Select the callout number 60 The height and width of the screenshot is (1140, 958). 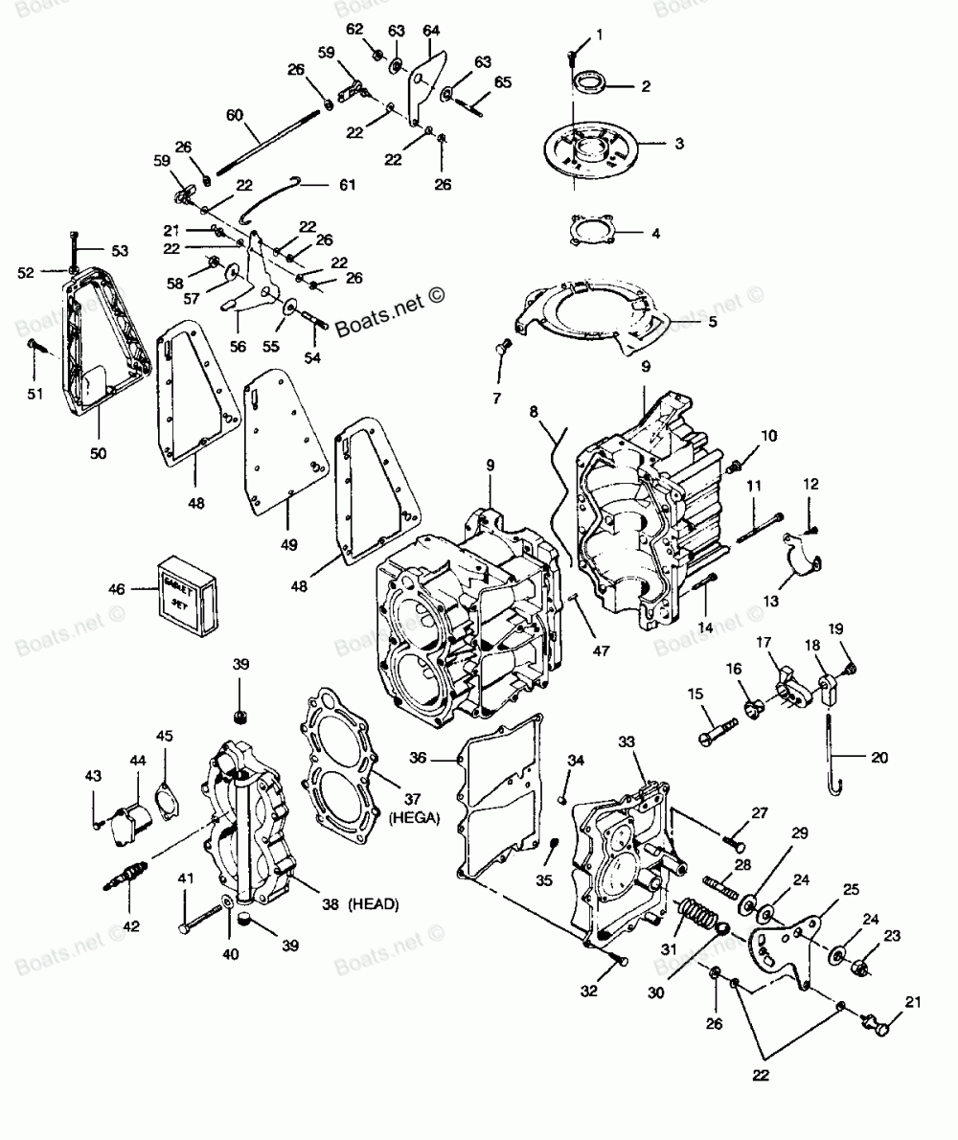tap(235, 115)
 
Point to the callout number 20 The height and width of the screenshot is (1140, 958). tap(879, 757)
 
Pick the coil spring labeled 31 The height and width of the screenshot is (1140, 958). tap(697, 918)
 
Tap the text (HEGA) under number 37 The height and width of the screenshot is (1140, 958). tap(414, 816)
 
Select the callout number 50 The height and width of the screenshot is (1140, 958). tap(99, 452)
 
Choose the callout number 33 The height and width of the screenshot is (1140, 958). tap(653, 741)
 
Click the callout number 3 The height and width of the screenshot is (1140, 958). tap(678, 145)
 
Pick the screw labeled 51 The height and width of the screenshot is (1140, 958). tap(34, 345)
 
